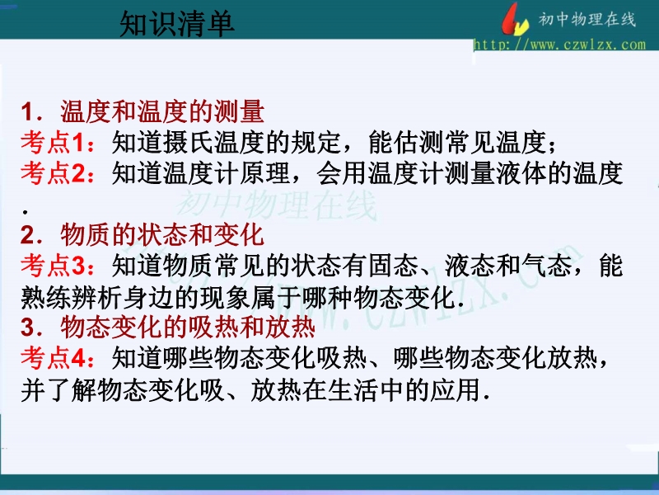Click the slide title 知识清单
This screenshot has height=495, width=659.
click(x=177, y=24)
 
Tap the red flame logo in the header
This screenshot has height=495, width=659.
click(x=515, y=19)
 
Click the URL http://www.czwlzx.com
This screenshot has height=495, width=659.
click(x=559, y=45)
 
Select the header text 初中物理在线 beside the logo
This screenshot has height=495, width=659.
click(x=587, y=19)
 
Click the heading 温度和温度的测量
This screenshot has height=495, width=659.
click(x=162, y=111)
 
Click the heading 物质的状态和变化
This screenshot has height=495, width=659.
click(x=162, y=235)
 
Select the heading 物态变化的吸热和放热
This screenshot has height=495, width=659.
click(x=188, y=328)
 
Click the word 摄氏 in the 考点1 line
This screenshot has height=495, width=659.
click(x=189, y=142)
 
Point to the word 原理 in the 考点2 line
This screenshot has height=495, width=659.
click(x=265, y=173)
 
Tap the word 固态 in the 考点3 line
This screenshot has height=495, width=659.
click(x=394, y=266)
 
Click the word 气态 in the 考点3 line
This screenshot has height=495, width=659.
click(x=547, y=266)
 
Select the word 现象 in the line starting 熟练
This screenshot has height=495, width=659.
click(x=225, y=297)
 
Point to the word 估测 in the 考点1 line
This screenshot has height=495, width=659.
click(x=419, y=142)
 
